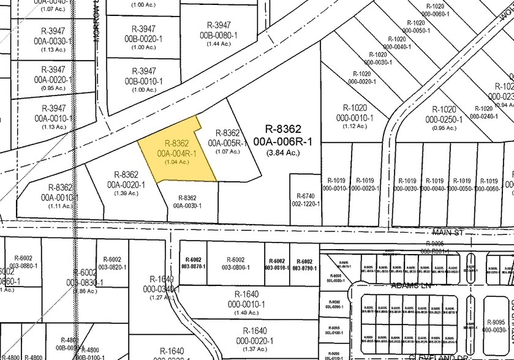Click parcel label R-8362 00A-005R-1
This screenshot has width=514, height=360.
(228, 138)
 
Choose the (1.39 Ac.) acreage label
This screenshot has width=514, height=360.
(126, 193)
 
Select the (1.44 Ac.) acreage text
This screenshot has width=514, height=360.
(219, 45)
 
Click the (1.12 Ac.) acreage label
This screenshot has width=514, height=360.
(355, 127)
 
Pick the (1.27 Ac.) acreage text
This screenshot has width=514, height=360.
(161, 298)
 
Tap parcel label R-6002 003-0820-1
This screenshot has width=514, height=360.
(113, 263)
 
